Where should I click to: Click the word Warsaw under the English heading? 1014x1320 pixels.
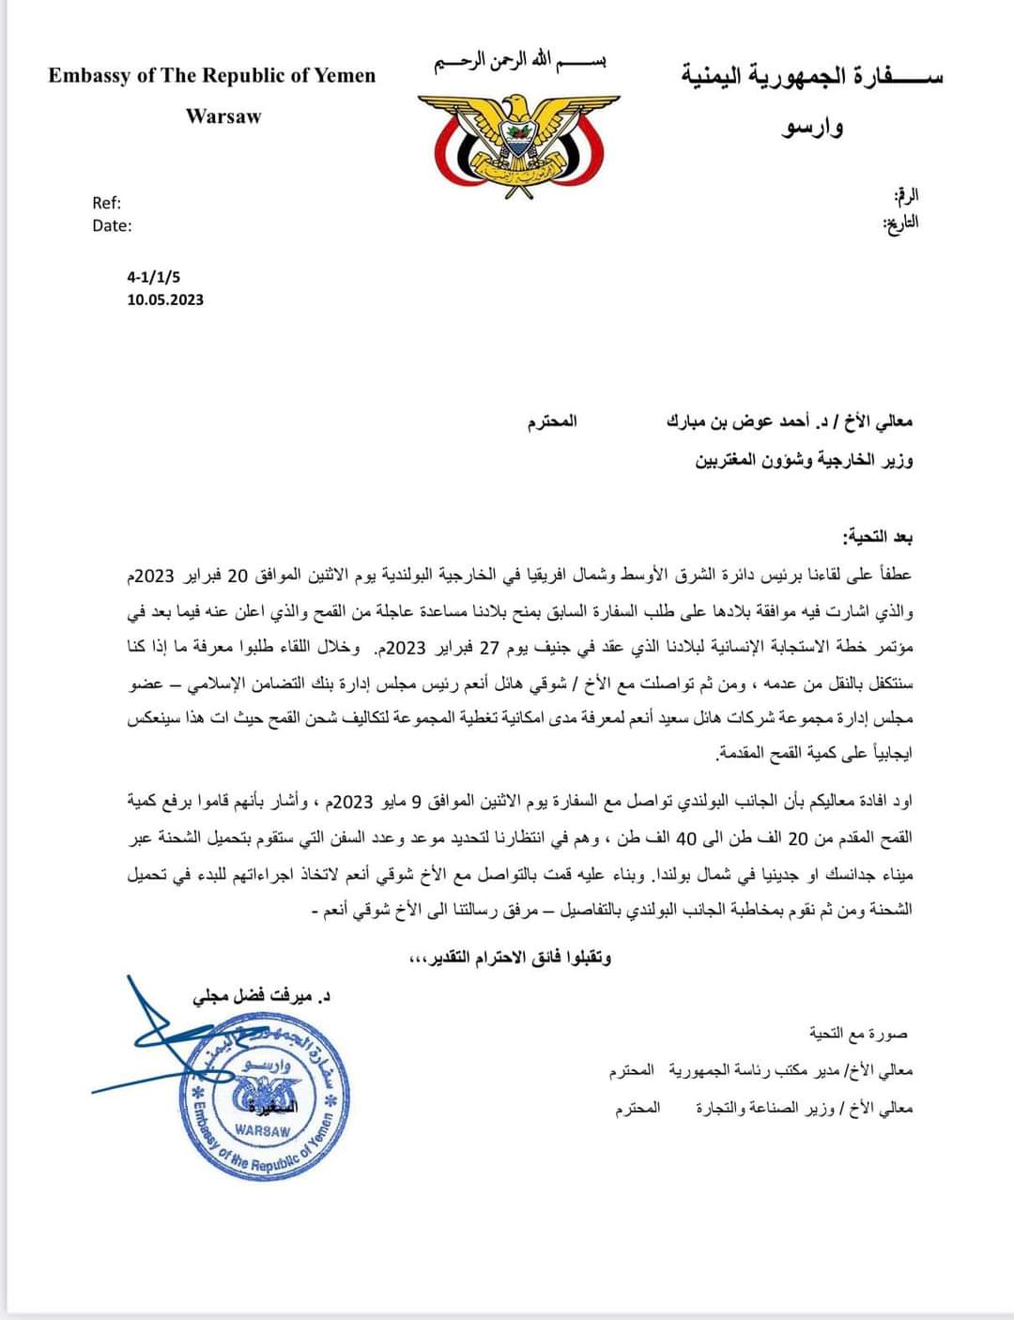pyautogui.click(x=223, y=116)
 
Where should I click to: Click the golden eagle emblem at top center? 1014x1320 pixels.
pyautogui.click(x=518, y=142)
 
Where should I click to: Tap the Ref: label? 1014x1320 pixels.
pyautogui.click(x=106, y=203)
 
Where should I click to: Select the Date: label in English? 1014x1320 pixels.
pyautogui.click(x=112, y=225)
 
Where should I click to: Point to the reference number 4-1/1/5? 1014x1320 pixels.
pyautogui.click(x=153, y=277)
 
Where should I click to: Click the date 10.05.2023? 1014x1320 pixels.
pyautogui.click(x=165, y=299)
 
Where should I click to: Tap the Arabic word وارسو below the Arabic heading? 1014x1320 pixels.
pyautogui.click(x=812, y=127)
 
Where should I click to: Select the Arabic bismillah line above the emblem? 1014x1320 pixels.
pyautogui.click(x=519, y=64)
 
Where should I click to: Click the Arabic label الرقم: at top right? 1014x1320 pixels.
pyautogui.click(x=906, y=196)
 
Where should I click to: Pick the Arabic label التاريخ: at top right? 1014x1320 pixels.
pyautogui.click(x=901, y=223)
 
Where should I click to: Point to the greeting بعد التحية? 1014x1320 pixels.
pyautogui.click(x=877, y=537)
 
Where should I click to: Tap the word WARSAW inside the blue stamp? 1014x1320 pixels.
pyautogui.click(x=263, y=1131)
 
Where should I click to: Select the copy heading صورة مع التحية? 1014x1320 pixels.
pyautogui.click(x=858, y=1034)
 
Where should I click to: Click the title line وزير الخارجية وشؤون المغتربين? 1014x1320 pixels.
pyautogui.click(x=804, y=460)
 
